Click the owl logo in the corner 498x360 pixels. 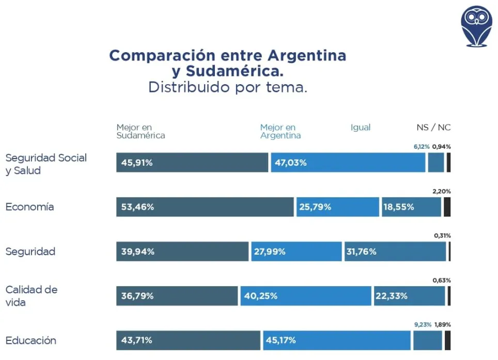476,25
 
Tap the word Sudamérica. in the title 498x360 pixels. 227,71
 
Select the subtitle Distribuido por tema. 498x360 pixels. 227,87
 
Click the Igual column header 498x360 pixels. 361,128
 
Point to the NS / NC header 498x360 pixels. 433,128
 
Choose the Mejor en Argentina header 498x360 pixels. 280,132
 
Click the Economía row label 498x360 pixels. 29,207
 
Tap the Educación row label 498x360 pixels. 30,341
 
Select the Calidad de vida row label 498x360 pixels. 31,296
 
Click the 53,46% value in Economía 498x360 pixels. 205,207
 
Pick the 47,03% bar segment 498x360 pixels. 348,163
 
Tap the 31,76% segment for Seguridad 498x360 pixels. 395,252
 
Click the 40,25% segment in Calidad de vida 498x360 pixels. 305,296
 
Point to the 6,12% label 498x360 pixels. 421,147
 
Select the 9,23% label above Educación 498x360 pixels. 423,325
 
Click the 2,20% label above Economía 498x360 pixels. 442,191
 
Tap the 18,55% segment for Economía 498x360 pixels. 411,207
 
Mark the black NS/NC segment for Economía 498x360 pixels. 447,207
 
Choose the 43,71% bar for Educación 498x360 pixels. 188,341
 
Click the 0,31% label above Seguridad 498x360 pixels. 442,236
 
